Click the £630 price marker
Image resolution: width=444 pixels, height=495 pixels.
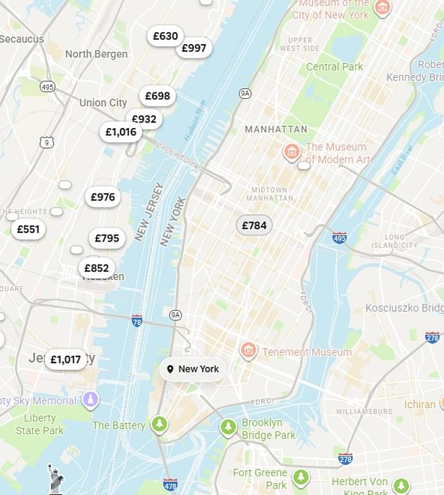click(x=165, y=36)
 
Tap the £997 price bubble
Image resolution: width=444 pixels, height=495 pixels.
click(x=194, y=48)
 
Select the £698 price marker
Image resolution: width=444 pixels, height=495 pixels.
click(x=158, y=96)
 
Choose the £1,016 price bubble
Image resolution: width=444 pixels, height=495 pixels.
click(x=120, y=132)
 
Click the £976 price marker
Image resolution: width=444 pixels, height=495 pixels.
click(x=103, y=197)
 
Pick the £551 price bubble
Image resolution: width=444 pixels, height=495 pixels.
click(x=29, y=229)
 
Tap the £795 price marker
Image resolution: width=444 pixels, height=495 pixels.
click(x=107, y=238)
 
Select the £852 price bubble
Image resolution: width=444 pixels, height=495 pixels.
click(x=97, y=267)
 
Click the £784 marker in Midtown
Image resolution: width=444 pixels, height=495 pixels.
click(x=254, y=225)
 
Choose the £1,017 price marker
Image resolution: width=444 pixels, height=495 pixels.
click(x=66, y=360)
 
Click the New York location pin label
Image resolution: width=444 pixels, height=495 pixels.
click(x=193, y=369)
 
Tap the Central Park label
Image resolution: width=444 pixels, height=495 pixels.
click(x=335, y=67)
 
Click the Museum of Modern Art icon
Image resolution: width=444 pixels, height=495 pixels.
click(x=291, y=151)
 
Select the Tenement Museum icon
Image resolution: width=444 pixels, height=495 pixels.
click(x=248, y=350)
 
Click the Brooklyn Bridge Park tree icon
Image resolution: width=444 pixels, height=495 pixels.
click(x=228, y=426)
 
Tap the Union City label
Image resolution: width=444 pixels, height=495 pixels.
click(x=103, y=103)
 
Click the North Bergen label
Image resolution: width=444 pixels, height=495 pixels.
click(x=97, y=54)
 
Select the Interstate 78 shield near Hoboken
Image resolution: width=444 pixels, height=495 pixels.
click(x=137, y=320)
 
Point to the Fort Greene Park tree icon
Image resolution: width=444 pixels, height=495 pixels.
click(x=301, y=477)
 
